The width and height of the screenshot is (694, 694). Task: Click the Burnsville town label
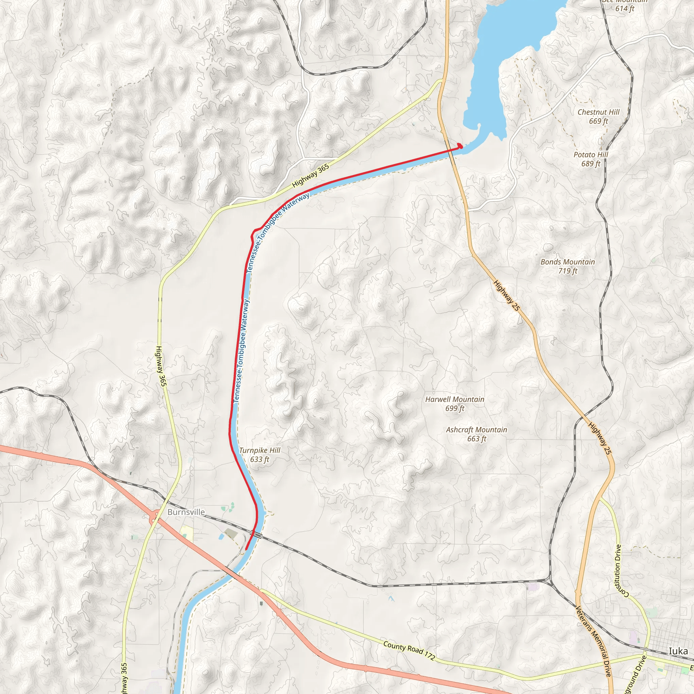186,512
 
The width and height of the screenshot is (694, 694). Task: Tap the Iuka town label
678,651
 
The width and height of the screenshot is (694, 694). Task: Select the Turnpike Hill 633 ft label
259,455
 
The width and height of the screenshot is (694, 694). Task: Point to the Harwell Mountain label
454,400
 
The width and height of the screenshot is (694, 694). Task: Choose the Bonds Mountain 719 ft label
568,266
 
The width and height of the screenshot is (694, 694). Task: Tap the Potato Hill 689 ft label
591,159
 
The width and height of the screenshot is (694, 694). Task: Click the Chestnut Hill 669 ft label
598,116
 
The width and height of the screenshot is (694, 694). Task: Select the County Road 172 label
409,651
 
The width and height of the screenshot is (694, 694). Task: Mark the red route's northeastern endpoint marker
460,146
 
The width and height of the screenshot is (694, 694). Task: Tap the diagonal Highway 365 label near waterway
311,176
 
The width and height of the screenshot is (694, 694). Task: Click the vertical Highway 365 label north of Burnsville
161,366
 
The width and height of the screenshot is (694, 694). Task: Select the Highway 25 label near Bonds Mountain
507,295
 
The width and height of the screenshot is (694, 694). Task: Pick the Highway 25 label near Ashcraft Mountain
600,438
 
